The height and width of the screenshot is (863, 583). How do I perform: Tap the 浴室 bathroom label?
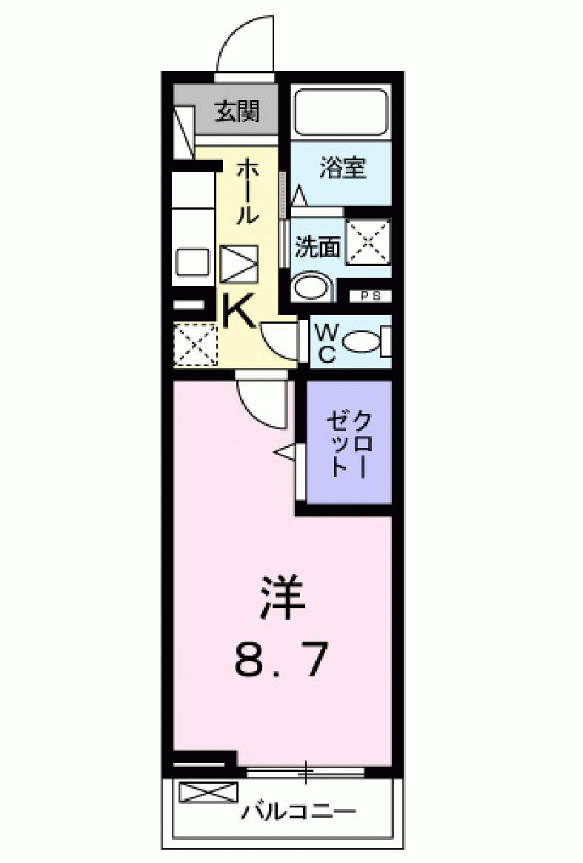click(342, 168)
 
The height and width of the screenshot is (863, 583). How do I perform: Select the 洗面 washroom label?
click(318, 247)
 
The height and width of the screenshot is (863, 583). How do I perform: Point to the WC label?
click(327, 342)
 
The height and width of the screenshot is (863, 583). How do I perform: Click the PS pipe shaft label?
click(370, 296)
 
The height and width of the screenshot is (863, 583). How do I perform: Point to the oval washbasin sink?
click(312, 287)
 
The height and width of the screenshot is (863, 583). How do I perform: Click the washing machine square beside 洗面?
click(368, 241)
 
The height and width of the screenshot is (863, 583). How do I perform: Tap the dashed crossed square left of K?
click(196, 344)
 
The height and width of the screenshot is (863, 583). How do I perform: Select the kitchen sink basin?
click(193, 262)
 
